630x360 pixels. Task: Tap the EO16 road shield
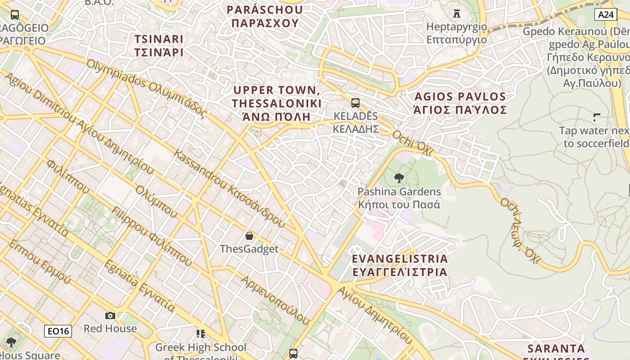coord(58,332)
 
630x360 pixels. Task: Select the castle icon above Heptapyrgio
coord(457,13)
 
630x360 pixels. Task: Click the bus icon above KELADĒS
coord(355,103)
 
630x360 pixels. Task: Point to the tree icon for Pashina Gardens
coord(399,178)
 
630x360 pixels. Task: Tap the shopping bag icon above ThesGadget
coord(249,235)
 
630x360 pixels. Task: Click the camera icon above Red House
coord(110,315)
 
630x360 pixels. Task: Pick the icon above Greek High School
coord(201,334)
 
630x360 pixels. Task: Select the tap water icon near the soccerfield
coord(597,117)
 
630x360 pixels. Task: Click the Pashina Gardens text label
coord(399,192)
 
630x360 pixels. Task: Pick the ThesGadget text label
coord(249,249)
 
